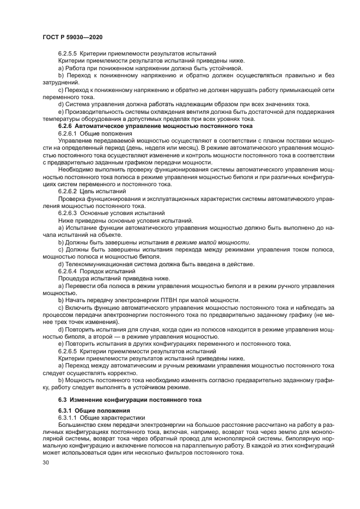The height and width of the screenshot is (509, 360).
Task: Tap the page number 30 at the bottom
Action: (x=46, y=463)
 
